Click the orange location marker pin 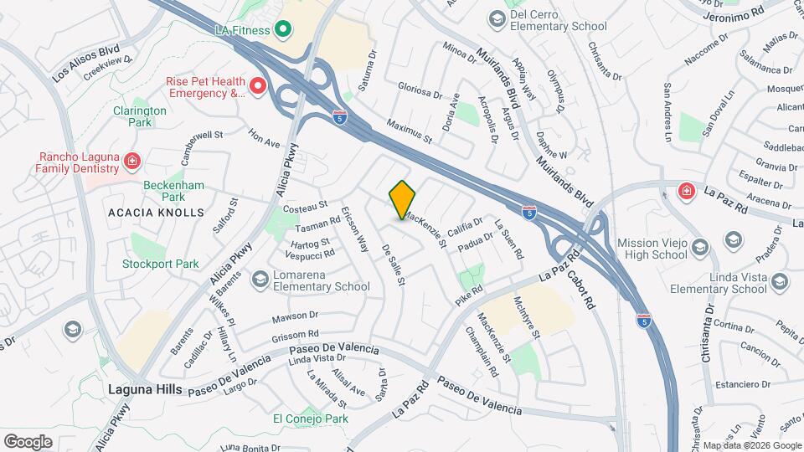[x=403, y=199]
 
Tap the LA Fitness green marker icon [x=282, y=30]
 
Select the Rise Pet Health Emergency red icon [x=259, y=85]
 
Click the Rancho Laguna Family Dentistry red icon [x=131, y=160]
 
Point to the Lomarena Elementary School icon [x=260, y=279]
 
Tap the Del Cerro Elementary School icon [x=497, y=18]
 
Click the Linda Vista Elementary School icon [x=781, y=281]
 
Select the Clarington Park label [x=140, y=116]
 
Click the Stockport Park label [x=161, y=264]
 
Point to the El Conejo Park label [x=310, y=419]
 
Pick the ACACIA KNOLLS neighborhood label [x=156, y=213]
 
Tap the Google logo [x=28, y=441]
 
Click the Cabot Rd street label [x=580, y=285]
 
